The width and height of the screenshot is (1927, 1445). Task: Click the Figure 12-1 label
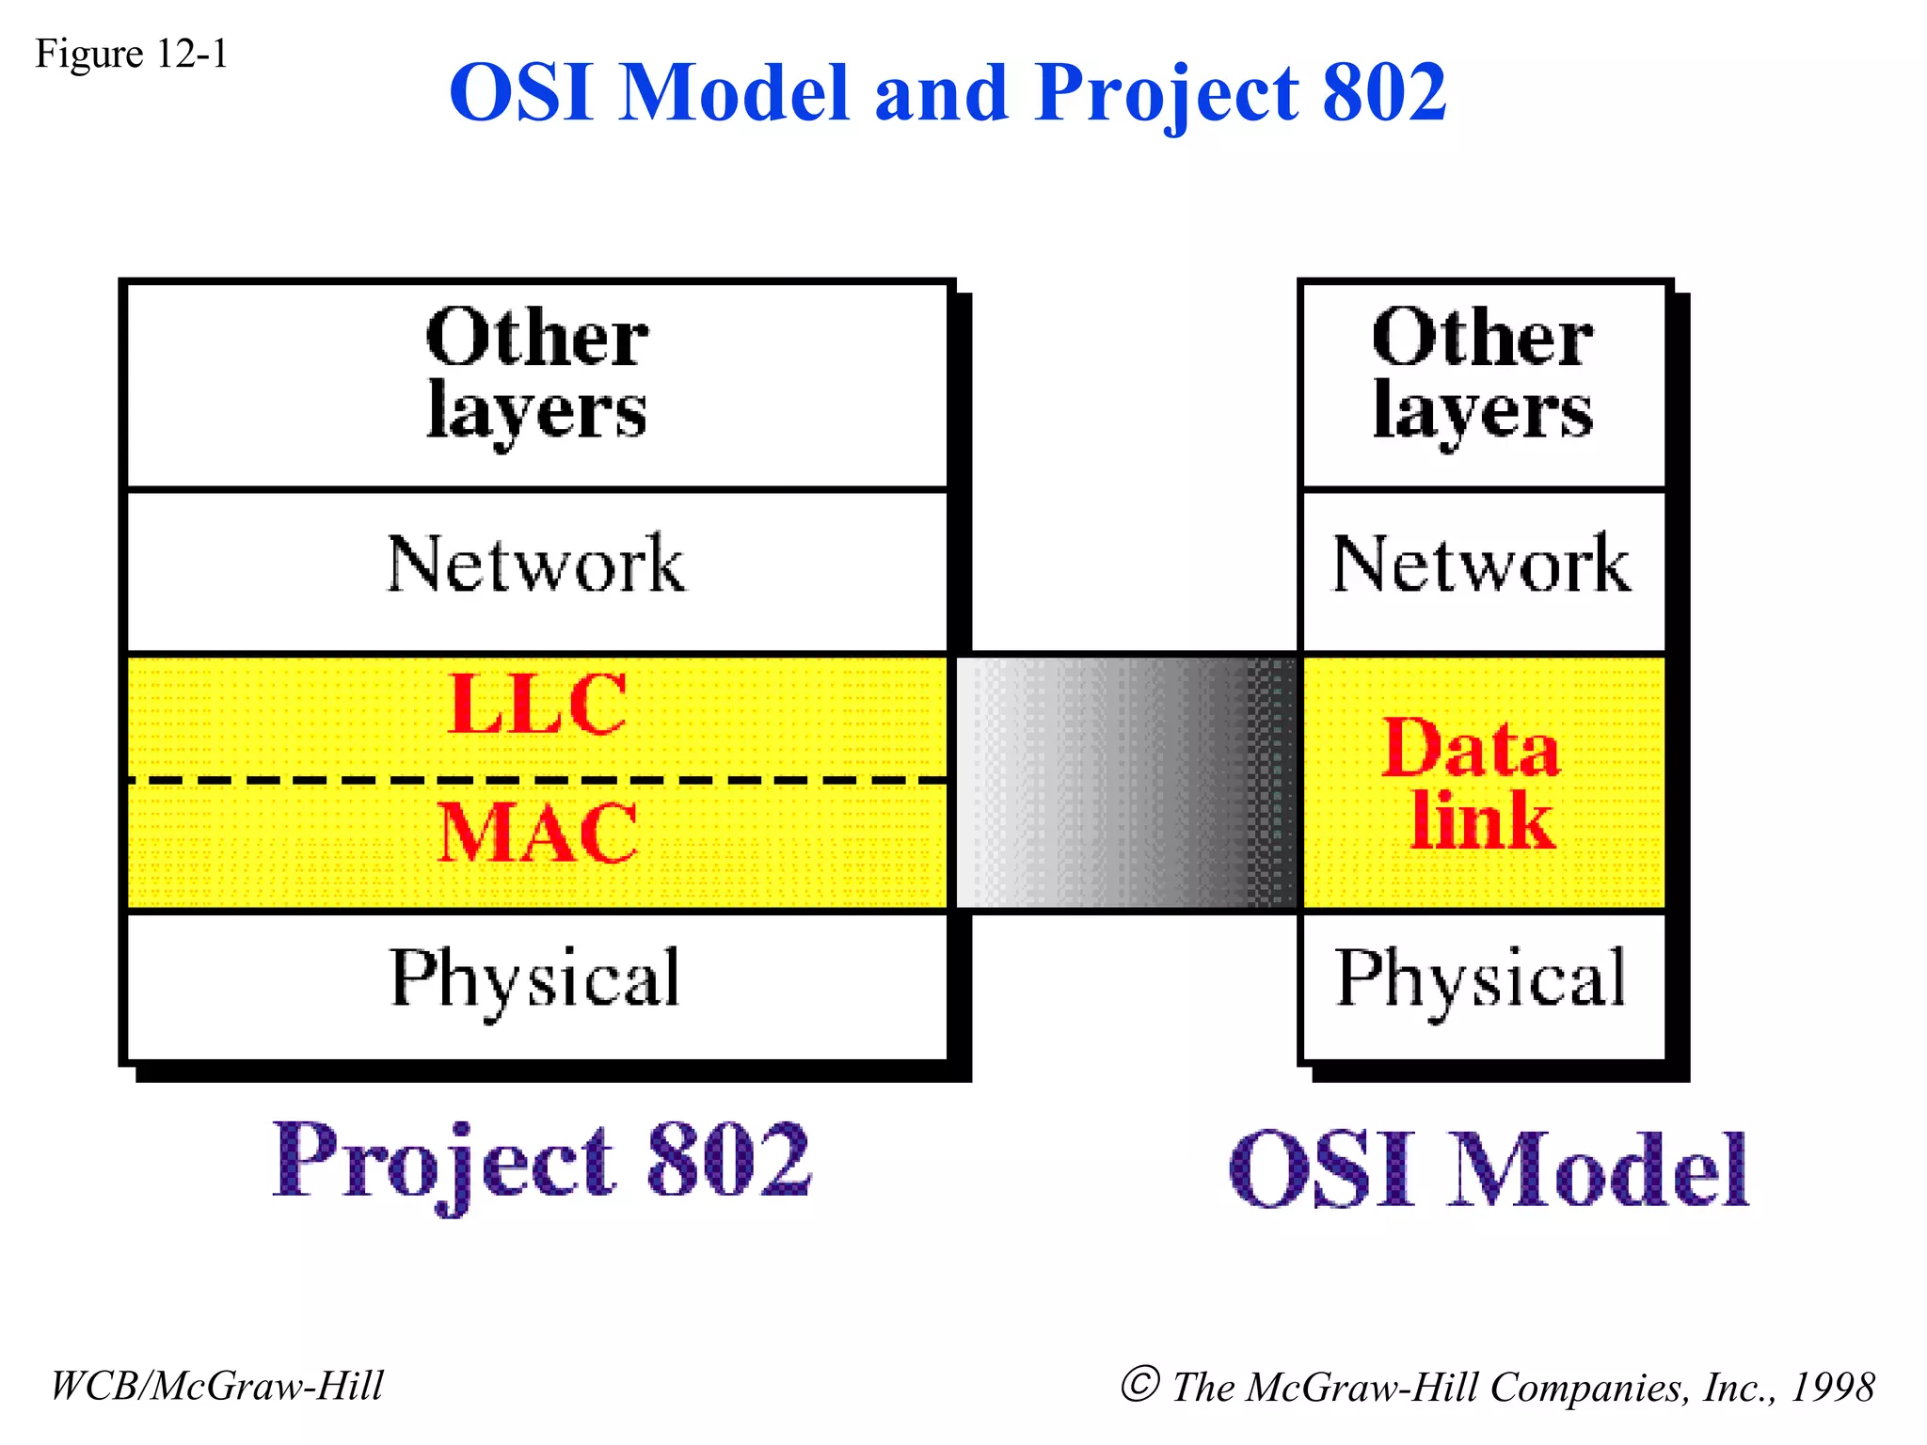click(x=132, y=54)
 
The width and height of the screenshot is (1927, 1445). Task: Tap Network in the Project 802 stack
click(x=536, y=564)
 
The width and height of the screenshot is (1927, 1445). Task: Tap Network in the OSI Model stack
click(x=1481, y=564)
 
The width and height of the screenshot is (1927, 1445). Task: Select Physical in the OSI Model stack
click(x=1481, y=978)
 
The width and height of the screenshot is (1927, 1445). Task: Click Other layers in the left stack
click(x=536, y=374)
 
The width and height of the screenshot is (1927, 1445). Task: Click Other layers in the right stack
click(x=1482, y=374)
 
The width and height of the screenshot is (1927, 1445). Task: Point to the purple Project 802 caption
click(x=541, y=1162)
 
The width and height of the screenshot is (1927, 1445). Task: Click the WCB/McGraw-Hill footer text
click(x=216, y=1386)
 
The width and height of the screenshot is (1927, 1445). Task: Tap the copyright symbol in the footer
click(x=1139, y=1384)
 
